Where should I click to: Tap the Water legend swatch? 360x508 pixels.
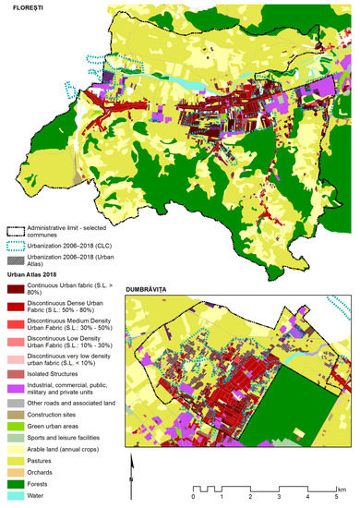point(15,498)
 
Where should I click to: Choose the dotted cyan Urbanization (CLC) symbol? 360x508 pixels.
point(15,247)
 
